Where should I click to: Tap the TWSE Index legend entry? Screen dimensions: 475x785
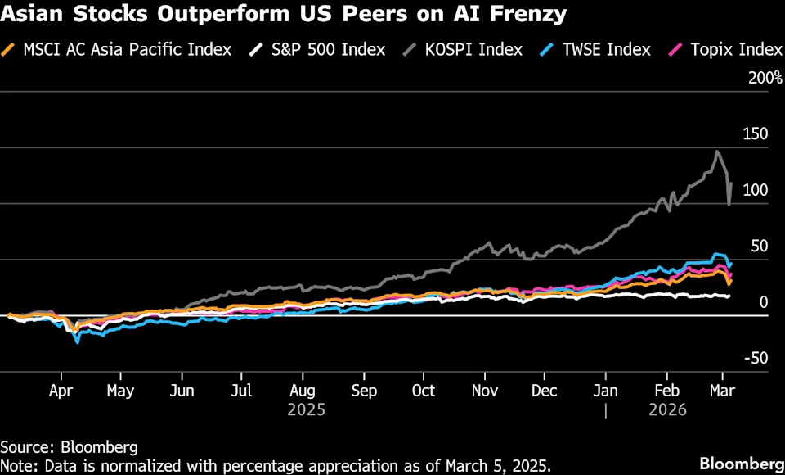coord(601,50)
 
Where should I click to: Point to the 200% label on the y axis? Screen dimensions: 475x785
coord(751,79)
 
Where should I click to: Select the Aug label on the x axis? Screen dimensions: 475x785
coord(303,391)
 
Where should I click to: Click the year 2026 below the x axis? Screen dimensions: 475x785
coord(667,409)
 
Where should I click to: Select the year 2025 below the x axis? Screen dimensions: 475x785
coord(306,409)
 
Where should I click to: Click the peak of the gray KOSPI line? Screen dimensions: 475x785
coord(717,152)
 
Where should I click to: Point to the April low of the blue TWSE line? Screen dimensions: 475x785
coord(78,342)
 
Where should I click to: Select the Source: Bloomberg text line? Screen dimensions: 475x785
coord(69,447)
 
